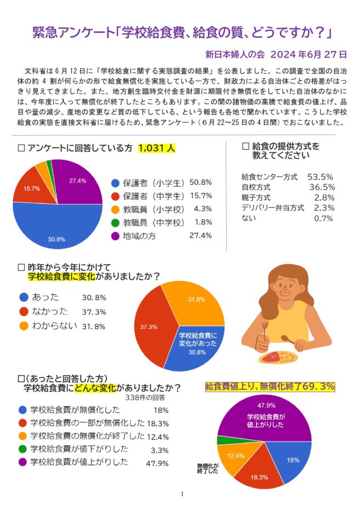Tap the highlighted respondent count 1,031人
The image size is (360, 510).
point(156,148)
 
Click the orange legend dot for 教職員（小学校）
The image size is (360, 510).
point(115,209)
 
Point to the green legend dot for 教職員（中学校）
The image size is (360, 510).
point(115,223)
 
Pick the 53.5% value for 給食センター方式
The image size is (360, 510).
point(321,177)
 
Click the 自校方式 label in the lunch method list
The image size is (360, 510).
point(256,188)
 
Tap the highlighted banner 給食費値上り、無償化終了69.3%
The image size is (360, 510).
point(270,387)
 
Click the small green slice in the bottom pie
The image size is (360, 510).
point(221,440)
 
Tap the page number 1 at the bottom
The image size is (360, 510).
point(182,494)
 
